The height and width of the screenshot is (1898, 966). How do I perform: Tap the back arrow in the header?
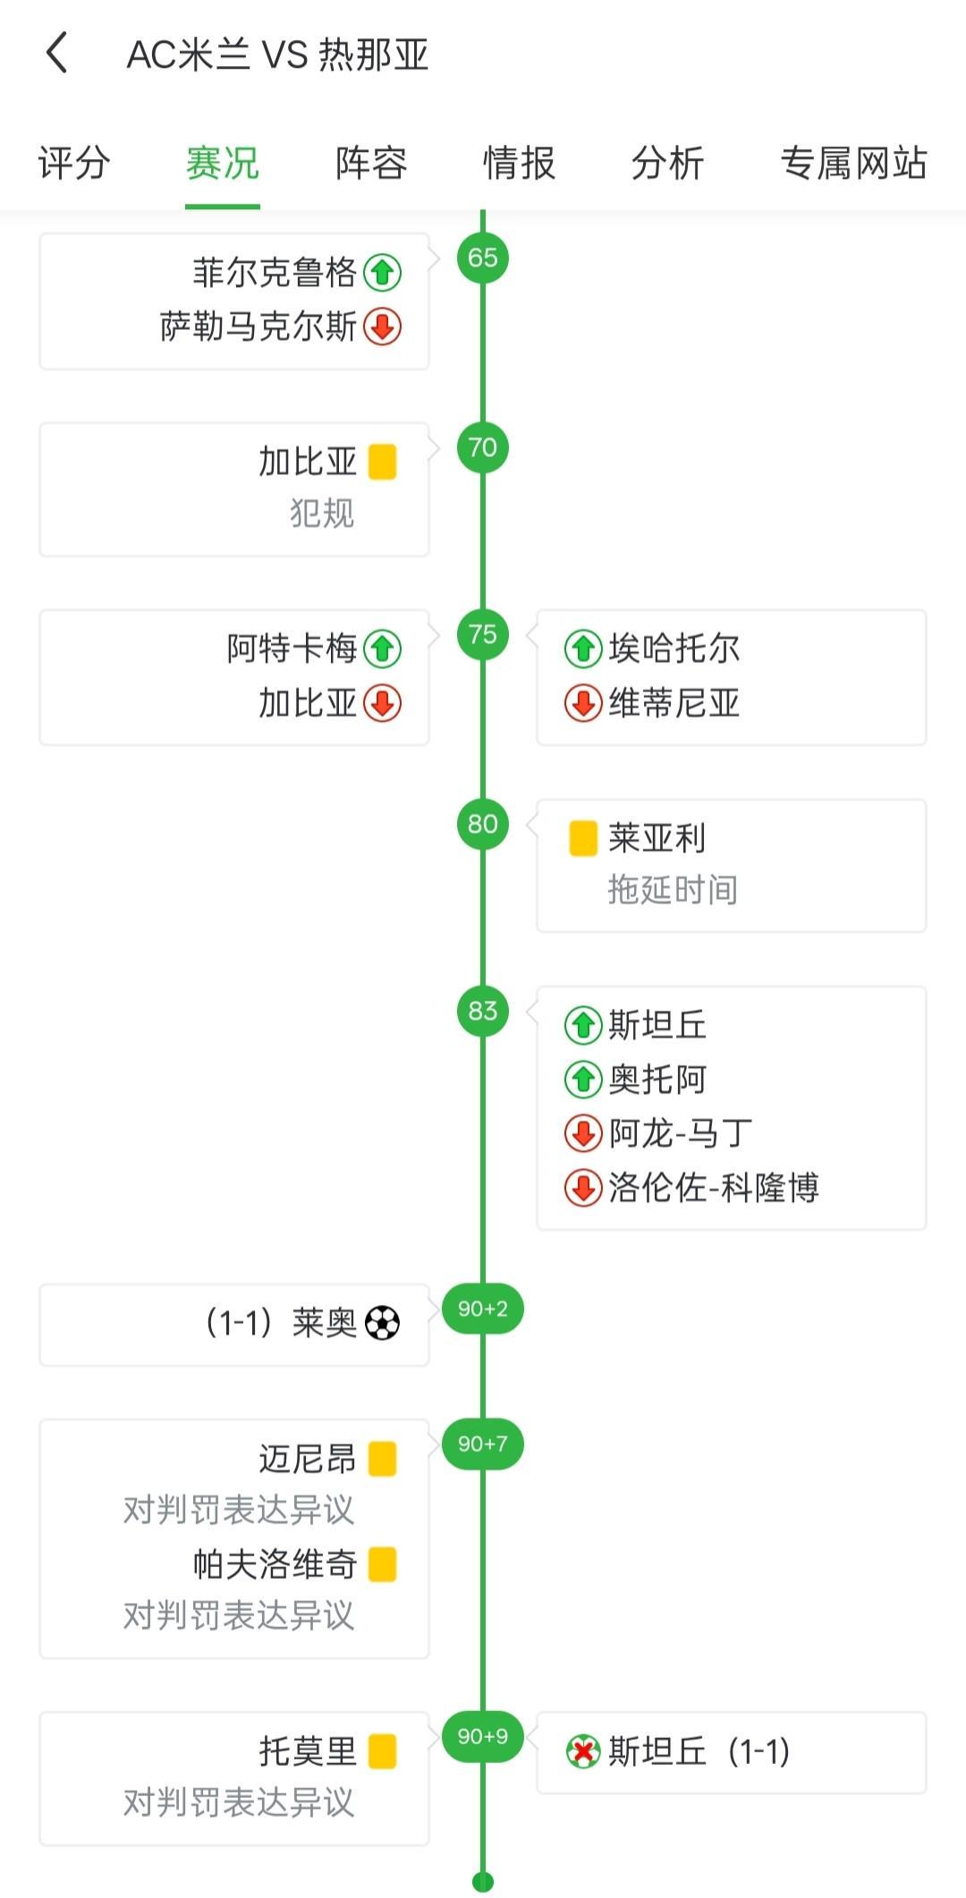[57, 53]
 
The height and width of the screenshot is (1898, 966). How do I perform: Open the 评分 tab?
[74, 163]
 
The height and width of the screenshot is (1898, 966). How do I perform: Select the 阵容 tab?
[371, 163]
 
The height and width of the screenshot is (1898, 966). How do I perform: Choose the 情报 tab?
[519, 163]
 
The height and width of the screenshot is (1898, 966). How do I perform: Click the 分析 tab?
[667, 163]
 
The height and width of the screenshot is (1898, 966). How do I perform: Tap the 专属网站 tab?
[853, 163]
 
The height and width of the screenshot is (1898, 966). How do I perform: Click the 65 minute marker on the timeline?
[483, 258]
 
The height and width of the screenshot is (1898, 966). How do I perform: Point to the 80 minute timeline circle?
[483, 824]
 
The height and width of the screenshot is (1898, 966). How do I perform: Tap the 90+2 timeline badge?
[483, 1309]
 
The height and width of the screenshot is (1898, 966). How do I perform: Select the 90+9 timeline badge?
[483, 1736]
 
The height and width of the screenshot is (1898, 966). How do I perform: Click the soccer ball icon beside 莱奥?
[383, 1323]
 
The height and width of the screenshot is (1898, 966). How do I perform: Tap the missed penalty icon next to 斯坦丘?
[583, 1751]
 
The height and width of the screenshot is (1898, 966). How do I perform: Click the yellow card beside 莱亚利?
[583, 838]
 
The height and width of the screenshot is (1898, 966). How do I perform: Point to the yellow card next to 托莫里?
[383, 1751]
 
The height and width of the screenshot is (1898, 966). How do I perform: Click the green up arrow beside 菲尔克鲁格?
[383, 272]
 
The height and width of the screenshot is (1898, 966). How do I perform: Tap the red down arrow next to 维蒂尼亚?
[583, 703]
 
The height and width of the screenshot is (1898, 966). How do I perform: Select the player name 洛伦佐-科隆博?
[714, 1188]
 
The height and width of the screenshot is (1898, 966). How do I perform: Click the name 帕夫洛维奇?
[275, 1563]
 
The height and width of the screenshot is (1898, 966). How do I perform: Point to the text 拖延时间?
[673, 890]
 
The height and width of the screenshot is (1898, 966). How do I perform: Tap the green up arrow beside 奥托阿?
[583, 1080]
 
